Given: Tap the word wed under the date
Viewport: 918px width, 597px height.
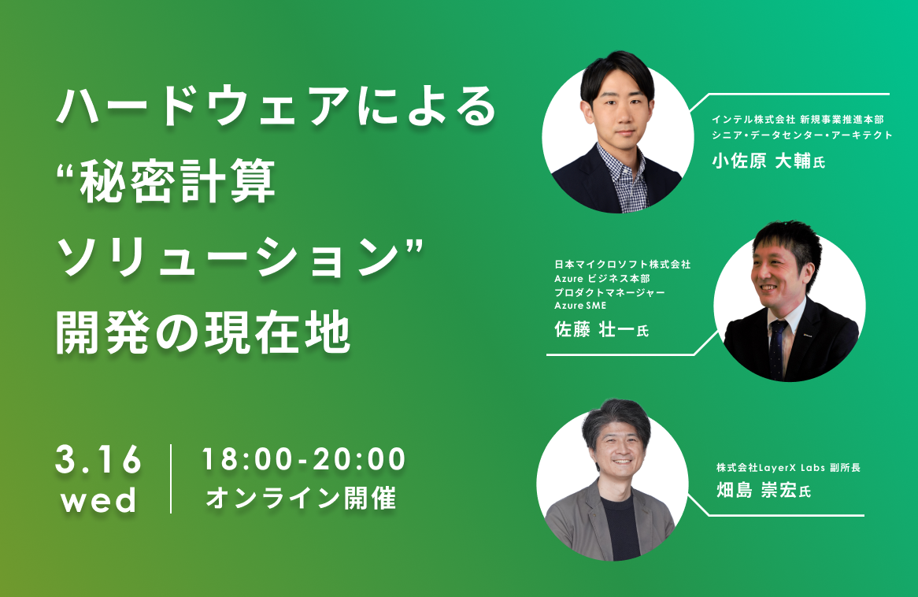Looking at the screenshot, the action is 98,501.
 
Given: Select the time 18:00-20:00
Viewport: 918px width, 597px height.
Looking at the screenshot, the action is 303,458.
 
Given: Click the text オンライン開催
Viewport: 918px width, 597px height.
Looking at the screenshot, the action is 301,498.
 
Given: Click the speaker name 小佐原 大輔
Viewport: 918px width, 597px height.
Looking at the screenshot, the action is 761,161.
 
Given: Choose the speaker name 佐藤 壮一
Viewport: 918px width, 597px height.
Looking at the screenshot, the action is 595,329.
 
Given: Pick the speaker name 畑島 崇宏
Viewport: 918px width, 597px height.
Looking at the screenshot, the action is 757,490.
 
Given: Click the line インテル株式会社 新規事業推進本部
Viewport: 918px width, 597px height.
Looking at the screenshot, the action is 798,120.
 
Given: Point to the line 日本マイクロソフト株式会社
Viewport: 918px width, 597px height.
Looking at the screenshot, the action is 622,265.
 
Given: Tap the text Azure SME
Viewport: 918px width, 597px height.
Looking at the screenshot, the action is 580,306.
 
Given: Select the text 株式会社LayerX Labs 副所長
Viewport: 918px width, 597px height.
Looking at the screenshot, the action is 789,468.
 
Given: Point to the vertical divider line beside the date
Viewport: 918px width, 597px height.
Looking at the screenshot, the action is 171,479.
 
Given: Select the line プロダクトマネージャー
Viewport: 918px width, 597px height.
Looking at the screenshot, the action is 609,291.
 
